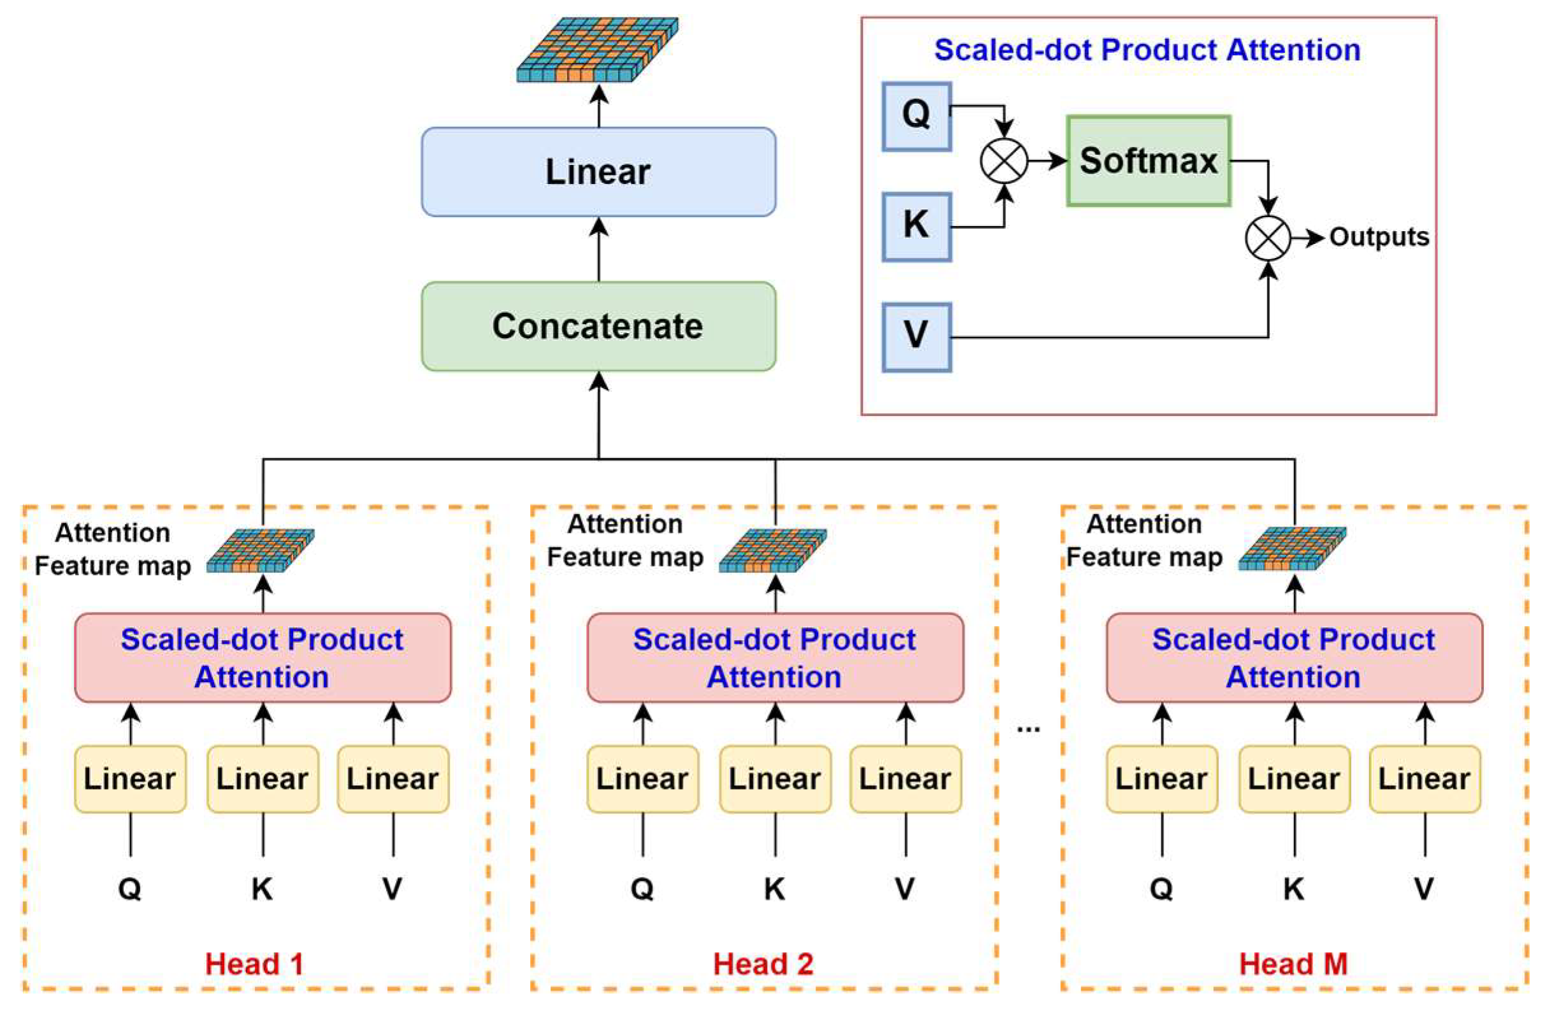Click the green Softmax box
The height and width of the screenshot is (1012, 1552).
[x=1147, y=161]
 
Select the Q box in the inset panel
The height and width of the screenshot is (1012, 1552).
[x=916, y=116]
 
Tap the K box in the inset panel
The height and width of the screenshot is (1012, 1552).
[x=916, y=226]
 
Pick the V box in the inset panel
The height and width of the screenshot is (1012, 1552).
[x=916, y=336]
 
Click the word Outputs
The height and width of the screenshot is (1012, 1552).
[x=1379, y=237]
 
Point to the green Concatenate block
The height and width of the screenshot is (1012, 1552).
[x=598, y=326]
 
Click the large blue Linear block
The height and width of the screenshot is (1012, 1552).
[x=598, y=171]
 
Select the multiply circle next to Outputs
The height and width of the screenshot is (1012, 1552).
[x=1268, y=238]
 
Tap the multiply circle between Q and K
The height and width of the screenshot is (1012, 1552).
[x=1004, y=161]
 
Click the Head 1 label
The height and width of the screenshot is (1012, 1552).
[x=254, y=964]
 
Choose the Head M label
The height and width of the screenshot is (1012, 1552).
[x=1293, y=964]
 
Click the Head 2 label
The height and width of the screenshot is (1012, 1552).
[x=763, y=964]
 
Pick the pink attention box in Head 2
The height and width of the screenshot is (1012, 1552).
[x=775, y=657]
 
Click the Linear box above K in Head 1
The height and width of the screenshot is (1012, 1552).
[x=262, y=778]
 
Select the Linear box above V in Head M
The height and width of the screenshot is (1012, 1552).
[x=1424, y=778]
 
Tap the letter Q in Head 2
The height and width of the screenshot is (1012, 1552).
[x=642, y=888]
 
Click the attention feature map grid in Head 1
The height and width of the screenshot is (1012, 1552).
[x=261, y=551]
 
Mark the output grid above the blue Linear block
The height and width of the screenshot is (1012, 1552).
[x=598, y=50]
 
